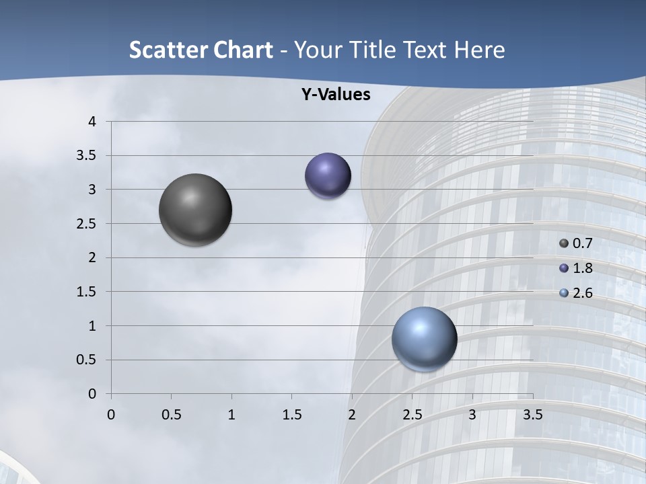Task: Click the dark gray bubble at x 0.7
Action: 195,210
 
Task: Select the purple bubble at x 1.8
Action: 328,175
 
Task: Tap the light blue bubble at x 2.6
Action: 424,339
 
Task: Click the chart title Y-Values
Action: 336,95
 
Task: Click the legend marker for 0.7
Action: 564,243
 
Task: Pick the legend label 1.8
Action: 583,268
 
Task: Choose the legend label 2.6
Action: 583,293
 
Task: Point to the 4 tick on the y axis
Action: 92,122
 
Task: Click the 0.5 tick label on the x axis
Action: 171,415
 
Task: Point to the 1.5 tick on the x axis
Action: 291,415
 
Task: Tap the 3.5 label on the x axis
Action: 532,415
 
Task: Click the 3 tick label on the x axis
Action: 472,415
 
